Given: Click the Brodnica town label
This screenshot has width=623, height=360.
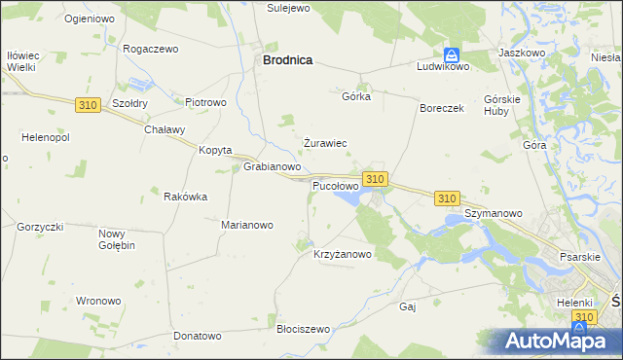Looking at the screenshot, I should tap(287, 59).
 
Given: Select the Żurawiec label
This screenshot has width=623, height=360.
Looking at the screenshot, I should tap(325, 143).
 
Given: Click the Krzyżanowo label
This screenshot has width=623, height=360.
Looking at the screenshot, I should tap(343, 255).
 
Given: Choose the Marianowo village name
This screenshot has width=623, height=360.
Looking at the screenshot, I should tap(247, 225).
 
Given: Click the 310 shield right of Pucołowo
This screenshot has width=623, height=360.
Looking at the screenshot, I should tap(376, 179).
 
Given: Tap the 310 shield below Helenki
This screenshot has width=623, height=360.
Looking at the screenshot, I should tap(584, 318).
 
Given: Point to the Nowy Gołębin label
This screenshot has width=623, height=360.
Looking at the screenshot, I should tap(117, 239).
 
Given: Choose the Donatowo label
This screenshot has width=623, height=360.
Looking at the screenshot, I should tap(198, 336).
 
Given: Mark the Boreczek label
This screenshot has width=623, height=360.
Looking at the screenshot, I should tap(441, 108).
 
